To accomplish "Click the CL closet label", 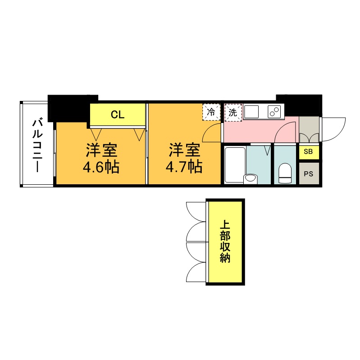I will point(118,114).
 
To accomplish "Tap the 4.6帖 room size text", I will point(100,167).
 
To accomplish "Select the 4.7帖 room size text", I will point(183,167).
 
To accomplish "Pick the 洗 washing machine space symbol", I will point(233,113).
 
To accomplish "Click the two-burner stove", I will point(273,111).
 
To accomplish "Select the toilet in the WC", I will point(285,173).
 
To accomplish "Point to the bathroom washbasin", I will point(250,178).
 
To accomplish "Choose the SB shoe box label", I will point(308,152).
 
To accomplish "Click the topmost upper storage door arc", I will point(196,211).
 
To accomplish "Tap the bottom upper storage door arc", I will point(196,273).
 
